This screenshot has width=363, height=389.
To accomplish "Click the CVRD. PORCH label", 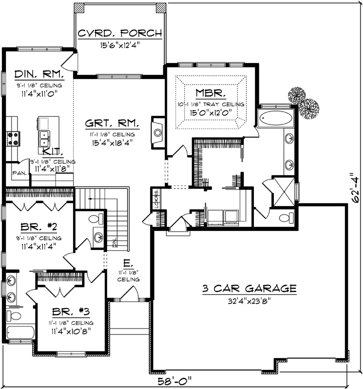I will coord(120,33).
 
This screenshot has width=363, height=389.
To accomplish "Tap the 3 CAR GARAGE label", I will coord(249,288).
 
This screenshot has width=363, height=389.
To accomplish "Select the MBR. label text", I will coord(210,93).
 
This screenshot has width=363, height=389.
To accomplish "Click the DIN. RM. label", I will coord(39,74).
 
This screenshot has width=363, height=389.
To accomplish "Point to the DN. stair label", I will coord(115,244).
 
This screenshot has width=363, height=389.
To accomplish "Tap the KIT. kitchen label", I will coord(53,151).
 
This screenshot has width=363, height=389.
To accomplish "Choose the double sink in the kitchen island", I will coord(45,135).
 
